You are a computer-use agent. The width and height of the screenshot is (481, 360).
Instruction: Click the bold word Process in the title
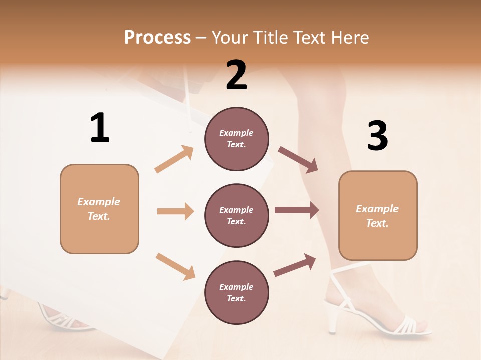click(x=157, y=37)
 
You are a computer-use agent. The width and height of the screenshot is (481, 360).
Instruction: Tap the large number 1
click(x=100, y=128)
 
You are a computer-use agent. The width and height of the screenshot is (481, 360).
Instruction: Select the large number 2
click(x=236, y=75)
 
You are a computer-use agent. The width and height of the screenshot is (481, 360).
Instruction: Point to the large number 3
click(x=377, y=135)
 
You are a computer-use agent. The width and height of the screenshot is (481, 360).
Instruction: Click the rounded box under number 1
click(x=99, y=209)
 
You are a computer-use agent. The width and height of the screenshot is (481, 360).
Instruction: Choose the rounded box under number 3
click(x=378, y=216)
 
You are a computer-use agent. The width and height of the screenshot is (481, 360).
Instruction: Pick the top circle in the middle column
click(x=236, y=139)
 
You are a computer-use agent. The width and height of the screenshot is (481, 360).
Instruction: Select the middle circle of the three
click(x=236, y=215)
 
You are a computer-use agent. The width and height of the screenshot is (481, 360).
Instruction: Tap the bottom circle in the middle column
click(x=236, y=292)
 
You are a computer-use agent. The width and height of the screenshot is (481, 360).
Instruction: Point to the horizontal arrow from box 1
click(x=175, y=211)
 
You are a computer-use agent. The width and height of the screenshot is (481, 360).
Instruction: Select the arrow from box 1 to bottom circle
click(x=175, y=266)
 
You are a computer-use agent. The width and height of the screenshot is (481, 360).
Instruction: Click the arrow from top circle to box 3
click(x=298, y=160)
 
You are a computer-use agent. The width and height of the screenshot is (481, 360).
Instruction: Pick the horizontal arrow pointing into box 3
click(x=297, y=210)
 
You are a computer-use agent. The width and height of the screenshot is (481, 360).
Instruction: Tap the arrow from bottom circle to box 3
click(x=295, y=265)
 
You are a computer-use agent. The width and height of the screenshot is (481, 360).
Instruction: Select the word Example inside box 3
click(x=377, y=209)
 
